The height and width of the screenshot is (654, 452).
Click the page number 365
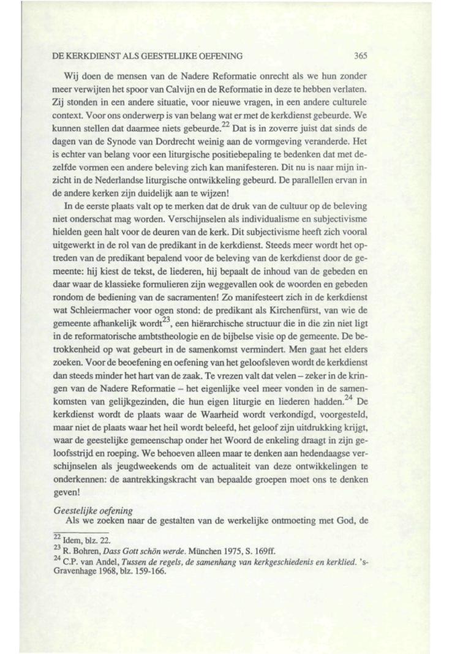[x=360, y=56]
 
